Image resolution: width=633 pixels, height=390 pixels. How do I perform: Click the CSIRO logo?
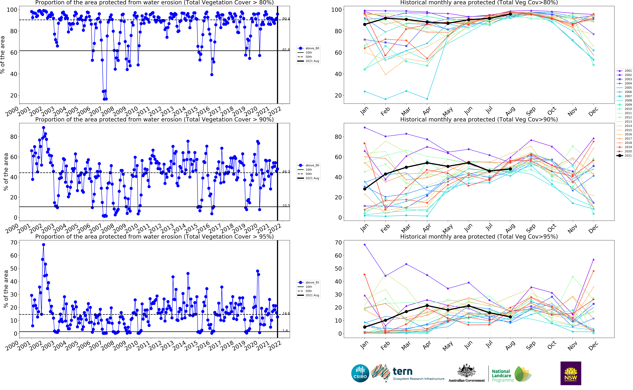pos(360,373)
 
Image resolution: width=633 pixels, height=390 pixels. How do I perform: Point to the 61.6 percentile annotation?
pos(286,49)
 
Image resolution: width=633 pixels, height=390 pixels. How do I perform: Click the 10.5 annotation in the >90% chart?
pos(286,206)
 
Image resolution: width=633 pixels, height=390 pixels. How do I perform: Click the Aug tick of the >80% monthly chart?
pos(510,111)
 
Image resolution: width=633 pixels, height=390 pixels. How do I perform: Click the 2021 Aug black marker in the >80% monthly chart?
pos(510,14)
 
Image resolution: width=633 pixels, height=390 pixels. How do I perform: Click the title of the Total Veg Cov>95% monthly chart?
pos(479,237)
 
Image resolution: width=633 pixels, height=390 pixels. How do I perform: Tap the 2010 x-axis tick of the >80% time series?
pos(131,111)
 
